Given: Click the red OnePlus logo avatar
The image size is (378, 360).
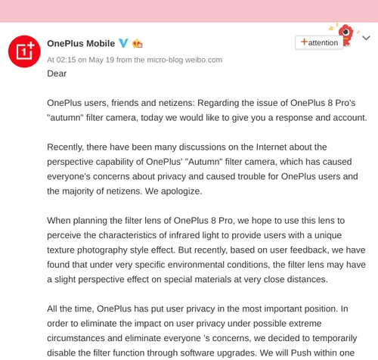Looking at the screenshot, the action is [24, 51].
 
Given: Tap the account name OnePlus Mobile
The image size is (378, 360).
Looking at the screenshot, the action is [81, 44].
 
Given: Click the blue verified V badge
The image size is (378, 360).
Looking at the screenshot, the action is [123, 44].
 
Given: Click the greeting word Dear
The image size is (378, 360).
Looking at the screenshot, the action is [57, 73].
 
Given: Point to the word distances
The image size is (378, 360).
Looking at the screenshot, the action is [305, 280].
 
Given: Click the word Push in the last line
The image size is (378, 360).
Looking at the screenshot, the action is [299, 353].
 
